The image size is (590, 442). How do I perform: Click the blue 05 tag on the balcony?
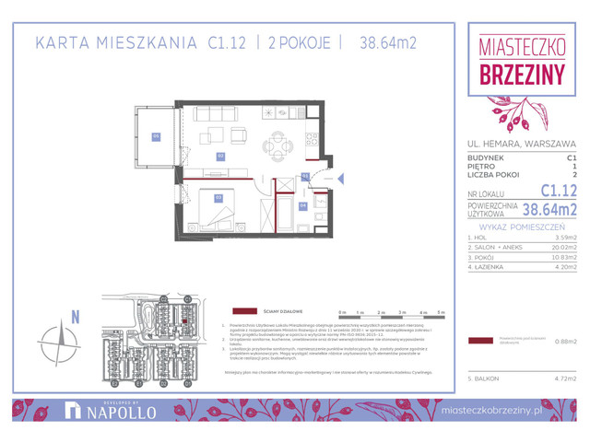pyautogui.click(x=156, y=136)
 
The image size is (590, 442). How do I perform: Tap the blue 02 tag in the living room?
pyautogui.click(x=220, y=157)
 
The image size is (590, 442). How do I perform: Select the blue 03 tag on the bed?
pyautogui.click(x=218, y=196)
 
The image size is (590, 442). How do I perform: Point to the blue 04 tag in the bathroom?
pyautogui.click(x=303, y=205)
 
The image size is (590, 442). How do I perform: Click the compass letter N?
pyautogui.click(x=75, y=318)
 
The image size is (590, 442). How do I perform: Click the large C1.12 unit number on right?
pyautogui.click(x=557, y=192)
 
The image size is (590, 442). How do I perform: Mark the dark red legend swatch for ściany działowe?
pyautogui.click(x=245, y=310)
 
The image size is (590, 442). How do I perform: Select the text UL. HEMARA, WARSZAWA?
pyautogui.click(x=521, y=144)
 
